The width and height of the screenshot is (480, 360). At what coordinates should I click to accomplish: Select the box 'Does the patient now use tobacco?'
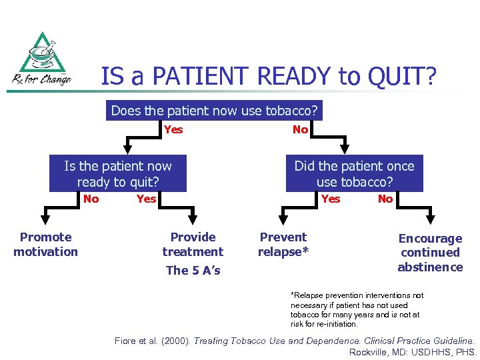[214, 111]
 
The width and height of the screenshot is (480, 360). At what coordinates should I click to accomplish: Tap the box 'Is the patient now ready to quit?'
[118, 174]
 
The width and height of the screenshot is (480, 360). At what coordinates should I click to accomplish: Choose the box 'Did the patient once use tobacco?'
[354, 174]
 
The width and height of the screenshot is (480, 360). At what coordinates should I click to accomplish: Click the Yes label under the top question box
[173, 129]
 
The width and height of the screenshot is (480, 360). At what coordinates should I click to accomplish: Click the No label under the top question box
[300, 129]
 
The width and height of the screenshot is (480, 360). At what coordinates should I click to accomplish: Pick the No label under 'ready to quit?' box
[91, 199]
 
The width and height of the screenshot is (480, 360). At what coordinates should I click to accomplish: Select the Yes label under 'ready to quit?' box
[146, 199]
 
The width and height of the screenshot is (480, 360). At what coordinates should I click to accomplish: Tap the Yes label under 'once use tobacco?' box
[330, 199]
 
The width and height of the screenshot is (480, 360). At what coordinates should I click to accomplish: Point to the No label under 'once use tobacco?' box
[385, 199]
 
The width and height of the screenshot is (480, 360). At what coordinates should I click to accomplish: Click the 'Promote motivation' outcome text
[45, 244]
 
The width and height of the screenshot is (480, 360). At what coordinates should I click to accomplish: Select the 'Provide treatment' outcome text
[193, 244]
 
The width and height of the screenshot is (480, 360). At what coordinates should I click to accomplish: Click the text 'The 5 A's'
[193, 270]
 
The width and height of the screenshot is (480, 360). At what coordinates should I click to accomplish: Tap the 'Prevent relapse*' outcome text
[283, 244]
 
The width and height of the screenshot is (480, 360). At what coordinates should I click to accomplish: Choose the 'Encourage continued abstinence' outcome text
[430, 253]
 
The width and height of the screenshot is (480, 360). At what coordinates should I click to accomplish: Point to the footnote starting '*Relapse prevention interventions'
[357, 309]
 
